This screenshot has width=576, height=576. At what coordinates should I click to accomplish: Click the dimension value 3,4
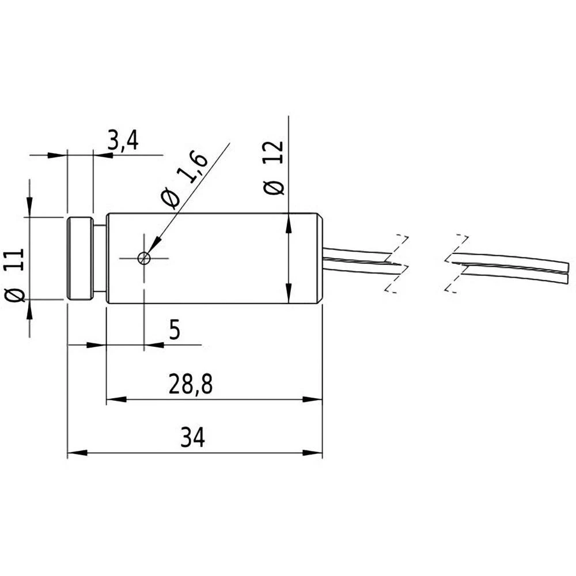pos(123,141)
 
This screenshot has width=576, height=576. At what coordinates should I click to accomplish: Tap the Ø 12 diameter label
pos(274,168)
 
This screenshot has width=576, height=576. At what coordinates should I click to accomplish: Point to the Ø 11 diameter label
pos(16,275)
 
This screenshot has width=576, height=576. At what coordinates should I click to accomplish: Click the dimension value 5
pos(175,331)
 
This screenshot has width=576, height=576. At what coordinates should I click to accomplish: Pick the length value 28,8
pos(191,385)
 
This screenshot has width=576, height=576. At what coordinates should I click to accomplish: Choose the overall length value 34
pos(192,438)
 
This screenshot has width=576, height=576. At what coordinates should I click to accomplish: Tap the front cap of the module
pos(80,258)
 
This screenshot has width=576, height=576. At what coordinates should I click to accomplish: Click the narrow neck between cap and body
pos(100,258)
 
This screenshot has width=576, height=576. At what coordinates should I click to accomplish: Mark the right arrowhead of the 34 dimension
pos(313,453)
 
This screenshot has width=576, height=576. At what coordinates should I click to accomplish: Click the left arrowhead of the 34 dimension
pos(77,453)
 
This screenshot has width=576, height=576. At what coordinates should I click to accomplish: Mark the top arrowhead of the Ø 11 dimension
pos(29,208)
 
